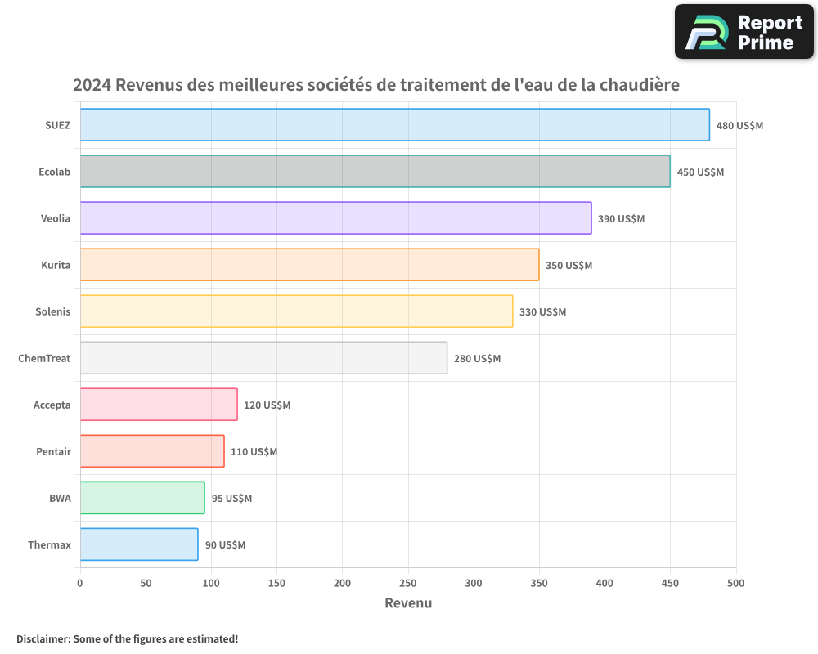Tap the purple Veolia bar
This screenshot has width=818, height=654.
[x=335, y=218]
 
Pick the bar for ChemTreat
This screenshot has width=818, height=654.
[x=263, y=358]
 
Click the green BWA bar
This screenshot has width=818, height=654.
[x=142, y=498]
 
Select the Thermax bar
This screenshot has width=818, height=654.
[x=139, y=544]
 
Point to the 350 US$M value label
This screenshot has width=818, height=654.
[x=569, y=266]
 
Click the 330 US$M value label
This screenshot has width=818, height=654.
[x=542, y=312]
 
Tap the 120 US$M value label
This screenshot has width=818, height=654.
[x=267, y=405]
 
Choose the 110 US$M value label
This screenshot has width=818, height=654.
[x=254, y=452]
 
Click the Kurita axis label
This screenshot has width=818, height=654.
[x=56, y=265]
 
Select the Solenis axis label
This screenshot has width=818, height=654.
[x=53, y=311]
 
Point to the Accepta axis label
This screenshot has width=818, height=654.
[x=52, y=405]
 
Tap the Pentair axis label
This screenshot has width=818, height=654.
[x=53, y=451]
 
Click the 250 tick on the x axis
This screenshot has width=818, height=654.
[x=408, y=584]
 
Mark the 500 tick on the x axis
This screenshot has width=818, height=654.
[x=736, y=584]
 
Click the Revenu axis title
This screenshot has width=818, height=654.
[x=408, y=603]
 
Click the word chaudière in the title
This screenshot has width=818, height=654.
[x=640, y=85]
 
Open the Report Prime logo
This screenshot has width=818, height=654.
[x=744, y=32]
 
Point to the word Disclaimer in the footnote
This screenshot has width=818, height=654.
[x=43, y=638]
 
